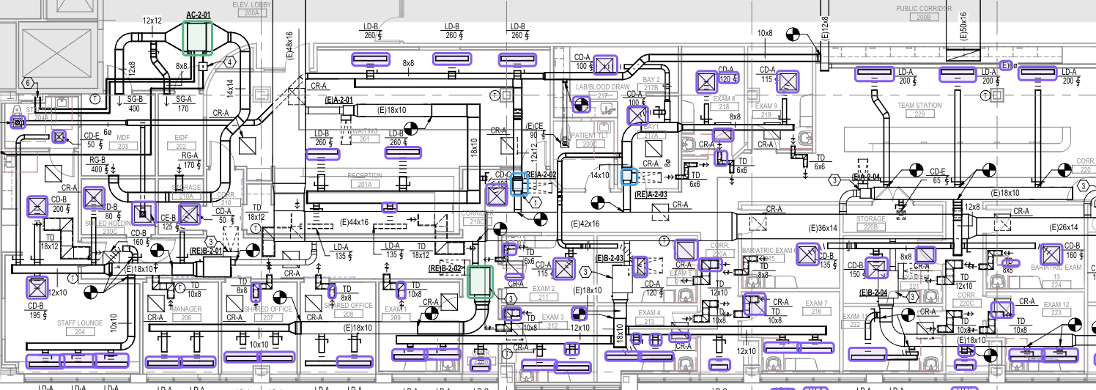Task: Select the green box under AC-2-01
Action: [x=197, y=37]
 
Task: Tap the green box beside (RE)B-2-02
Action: [x=479, y=282]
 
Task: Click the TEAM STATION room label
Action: [x=919, y=106]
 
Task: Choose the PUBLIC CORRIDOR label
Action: [x=924, y=9]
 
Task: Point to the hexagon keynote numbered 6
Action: [x=29, y=83]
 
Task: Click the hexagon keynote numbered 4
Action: [x=229, y=62]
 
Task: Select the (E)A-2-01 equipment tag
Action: [x=338, y=100]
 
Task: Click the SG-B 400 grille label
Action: [x=134, y=104]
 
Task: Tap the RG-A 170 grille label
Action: [x=190, y=160]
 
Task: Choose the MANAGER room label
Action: [x=186, y=309]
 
